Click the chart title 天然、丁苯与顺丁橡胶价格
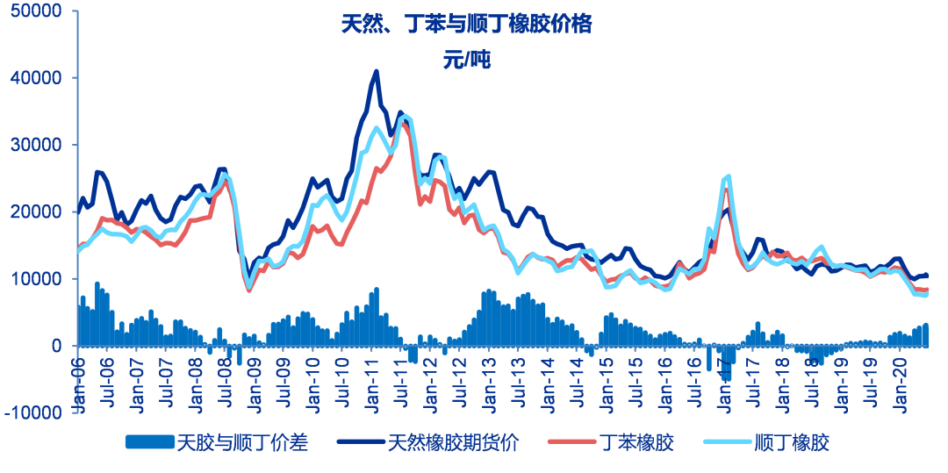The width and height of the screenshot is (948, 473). click(x=467, y=25)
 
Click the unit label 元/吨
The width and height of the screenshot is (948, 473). click(x=467, y=60)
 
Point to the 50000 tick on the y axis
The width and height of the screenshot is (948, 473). click(x=37, y=11)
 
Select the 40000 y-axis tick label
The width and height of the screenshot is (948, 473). click(x=37, y=78)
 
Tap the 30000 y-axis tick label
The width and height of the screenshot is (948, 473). click(x=37, y=145)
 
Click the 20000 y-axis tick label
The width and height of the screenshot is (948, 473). click(x=37, y=211)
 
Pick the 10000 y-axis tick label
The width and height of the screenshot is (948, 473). click(x=37, y=279)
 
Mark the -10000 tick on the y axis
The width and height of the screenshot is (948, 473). click(x=33, y=412)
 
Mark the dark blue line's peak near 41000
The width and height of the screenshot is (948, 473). click(x=377, y=72)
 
